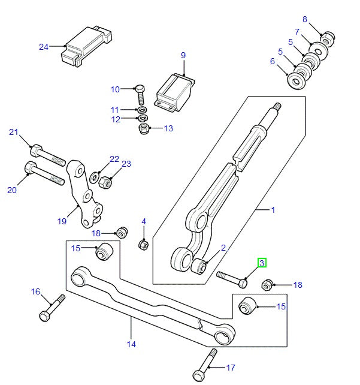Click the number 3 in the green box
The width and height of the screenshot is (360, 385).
[x=262, y=263]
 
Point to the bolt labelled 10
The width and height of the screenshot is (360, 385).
[x=140, y=94]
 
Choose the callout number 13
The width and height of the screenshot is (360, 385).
[x=168, y=128]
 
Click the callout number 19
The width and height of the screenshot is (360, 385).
[x=62, y=221]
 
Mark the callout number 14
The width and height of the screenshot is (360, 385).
[x=131, y=344]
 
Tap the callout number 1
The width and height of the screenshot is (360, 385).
[x=273, y=210]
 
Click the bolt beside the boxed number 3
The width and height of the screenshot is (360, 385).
[x=231, y=278]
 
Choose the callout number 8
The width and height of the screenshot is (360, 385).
[x=304, y=20]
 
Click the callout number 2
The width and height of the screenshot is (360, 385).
[x=223, y=247]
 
